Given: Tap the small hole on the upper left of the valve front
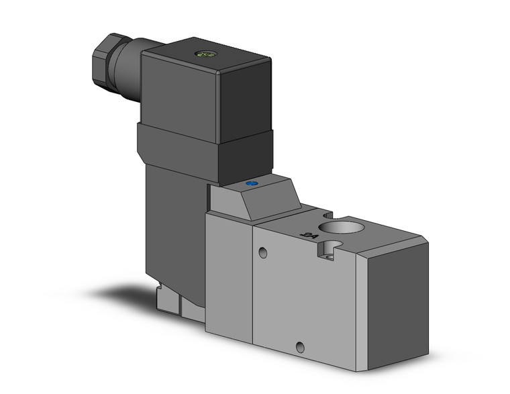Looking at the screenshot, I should coord(263,254).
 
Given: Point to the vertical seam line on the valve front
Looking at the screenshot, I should coord(254,289).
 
